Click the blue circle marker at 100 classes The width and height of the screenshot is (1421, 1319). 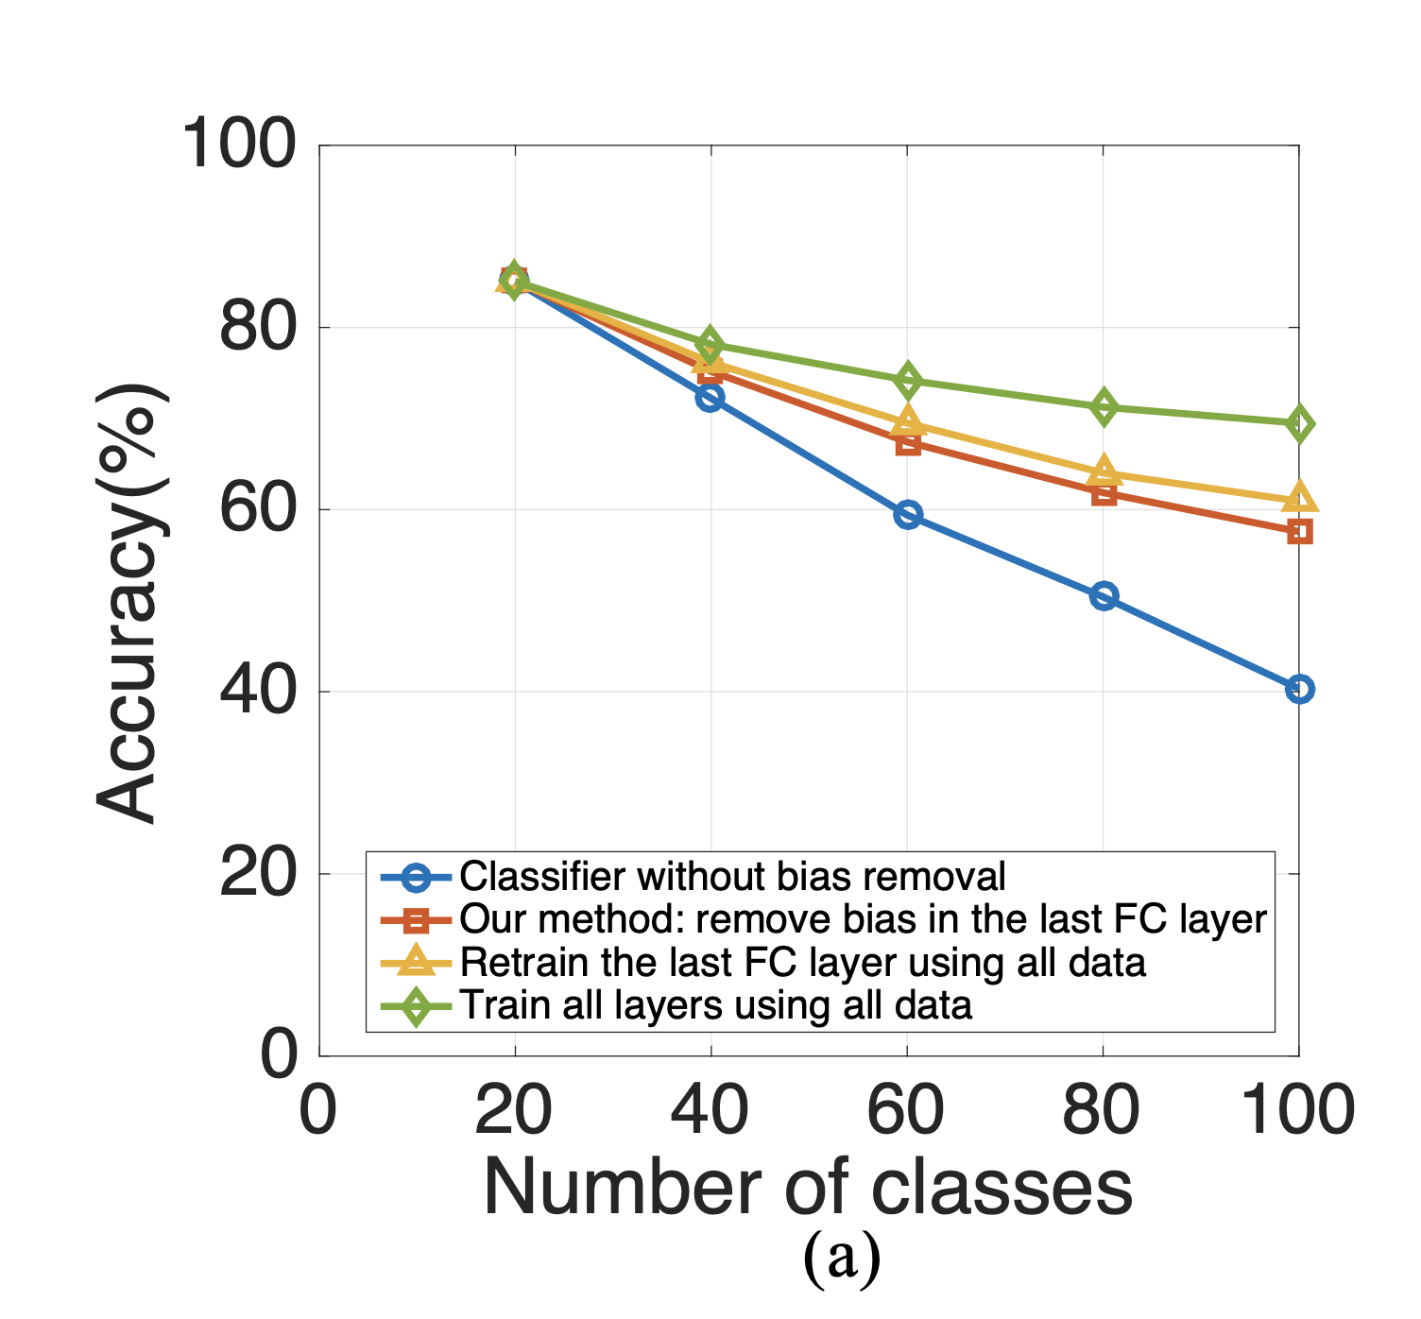pos(1299,689)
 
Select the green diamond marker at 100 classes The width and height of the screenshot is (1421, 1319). pos(1299,424)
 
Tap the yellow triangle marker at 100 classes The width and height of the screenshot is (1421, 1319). pos(1299,497)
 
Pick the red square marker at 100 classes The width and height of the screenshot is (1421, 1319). pos(1299,532)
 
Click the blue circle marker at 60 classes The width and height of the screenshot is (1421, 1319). pos(907,515)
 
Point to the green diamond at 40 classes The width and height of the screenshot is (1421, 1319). pos(710,345)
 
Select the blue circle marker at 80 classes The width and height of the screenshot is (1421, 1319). pos(1104,596)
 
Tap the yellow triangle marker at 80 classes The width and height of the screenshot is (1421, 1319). pos(1104,471)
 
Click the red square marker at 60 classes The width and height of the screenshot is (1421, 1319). pos(907,443)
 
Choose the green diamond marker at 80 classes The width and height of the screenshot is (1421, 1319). pos(1104,407)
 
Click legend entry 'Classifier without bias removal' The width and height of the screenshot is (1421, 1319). pos(732,877)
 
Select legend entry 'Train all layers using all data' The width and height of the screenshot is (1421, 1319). pos(715,1005)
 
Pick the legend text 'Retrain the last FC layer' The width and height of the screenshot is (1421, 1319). pos(802,963)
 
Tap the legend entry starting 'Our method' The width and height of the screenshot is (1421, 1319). pos(862,919)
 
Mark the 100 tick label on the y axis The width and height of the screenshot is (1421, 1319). pos(238,146)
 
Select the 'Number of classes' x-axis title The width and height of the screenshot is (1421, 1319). pos(808,1188)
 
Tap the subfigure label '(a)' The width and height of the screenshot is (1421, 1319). pos(841,1258)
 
